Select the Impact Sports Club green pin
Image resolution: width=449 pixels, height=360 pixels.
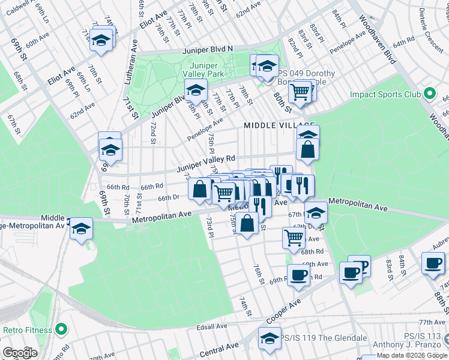click(429, 94)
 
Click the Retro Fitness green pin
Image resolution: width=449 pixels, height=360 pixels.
click(60, 329)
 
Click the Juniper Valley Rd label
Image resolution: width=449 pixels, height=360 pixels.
click(205, 164)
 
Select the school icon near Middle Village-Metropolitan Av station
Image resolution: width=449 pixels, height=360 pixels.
click(81, 229)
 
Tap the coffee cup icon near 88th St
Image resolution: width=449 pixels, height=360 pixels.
click(432, 263)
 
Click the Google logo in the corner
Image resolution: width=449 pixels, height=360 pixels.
click(20, 353)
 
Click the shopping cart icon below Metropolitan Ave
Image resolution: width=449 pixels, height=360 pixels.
click(294, 237)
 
